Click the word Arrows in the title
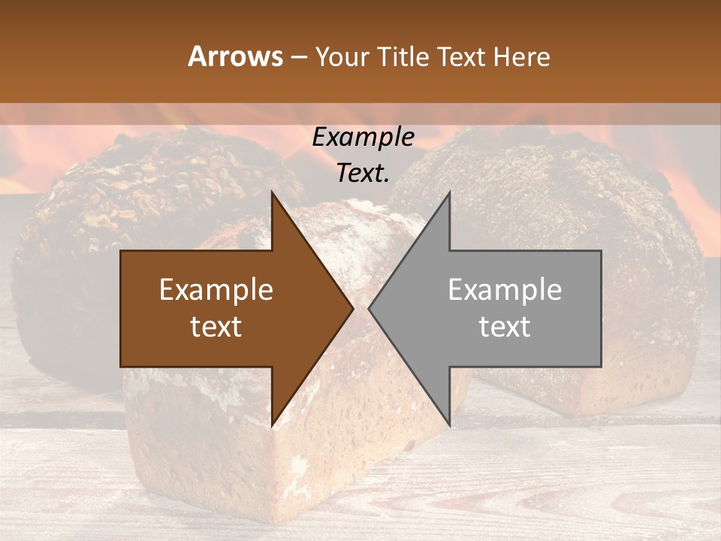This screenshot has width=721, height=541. pos(235,57)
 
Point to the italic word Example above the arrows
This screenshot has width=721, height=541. pos(364,138)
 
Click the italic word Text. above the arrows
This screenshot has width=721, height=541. pos(364,174)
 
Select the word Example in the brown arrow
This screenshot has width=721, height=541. pos(216,290)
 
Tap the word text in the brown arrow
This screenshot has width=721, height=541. pos(216,327)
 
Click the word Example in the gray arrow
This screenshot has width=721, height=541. pos(505,290)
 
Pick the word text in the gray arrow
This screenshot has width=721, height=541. pos(505,327)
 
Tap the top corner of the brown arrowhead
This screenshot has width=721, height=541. pos(272,192)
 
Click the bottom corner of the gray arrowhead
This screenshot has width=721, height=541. pos(449,425)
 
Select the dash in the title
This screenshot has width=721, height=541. pos(298,57)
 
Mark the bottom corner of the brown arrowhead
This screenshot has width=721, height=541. pos(272,425)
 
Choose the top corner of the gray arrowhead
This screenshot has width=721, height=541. pos(449,192)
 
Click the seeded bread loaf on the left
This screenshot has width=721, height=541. pos(113,203)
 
